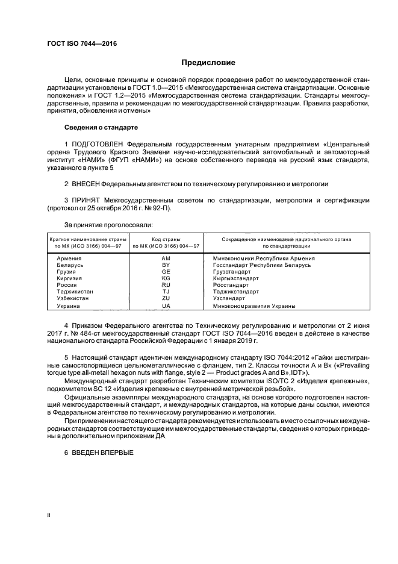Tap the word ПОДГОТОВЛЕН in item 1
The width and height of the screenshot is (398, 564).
[x=101, y=144]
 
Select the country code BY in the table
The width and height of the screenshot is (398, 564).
[x=166, y=265]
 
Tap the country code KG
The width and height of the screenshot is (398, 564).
[x=166, y=278]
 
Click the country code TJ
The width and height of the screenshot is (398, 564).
[x=166, y=292]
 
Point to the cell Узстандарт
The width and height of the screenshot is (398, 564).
[x=229, y=298]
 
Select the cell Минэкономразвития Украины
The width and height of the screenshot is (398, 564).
[x=254, y=306]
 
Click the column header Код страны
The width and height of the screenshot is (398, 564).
[x=166, y=239]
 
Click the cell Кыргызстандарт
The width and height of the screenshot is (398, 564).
[x=236, y=278]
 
